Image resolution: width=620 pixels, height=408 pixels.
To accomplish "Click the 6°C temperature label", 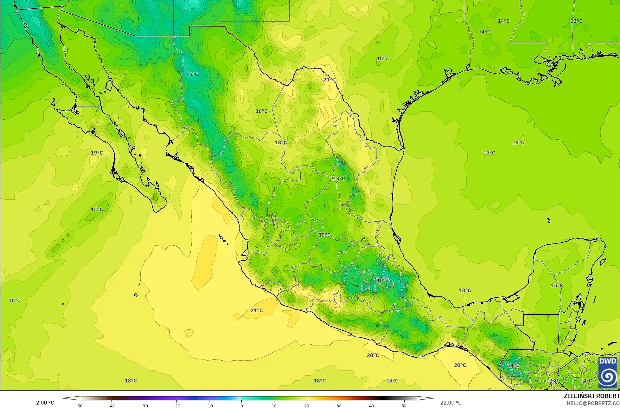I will [194, 74].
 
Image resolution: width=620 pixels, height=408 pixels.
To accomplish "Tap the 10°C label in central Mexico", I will [382, 280].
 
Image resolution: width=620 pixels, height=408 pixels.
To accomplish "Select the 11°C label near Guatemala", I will [513, 365].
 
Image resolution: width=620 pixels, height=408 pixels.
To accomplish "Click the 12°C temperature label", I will [324, 235].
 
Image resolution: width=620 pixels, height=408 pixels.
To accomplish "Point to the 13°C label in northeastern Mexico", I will [339, 179].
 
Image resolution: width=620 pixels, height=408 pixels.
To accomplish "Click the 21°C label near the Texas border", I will [329, 80].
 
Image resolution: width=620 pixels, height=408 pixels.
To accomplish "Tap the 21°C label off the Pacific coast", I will [257, 310].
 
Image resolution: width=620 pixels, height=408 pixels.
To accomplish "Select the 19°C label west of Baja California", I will [97, 153].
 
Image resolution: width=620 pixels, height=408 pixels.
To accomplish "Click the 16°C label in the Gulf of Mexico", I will [518, 143].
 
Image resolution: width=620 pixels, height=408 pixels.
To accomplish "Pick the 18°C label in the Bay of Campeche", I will [465, 290].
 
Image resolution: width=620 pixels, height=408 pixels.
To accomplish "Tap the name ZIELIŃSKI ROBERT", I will [591, 396].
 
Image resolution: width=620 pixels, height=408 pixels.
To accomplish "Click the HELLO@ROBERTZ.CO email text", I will [593, 403].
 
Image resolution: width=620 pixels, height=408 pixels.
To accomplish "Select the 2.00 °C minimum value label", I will [45, 403].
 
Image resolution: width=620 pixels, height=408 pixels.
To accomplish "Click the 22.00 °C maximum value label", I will [451, 403].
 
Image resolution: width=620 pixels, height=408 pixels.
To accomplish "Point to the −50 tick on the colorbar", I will [79, 406].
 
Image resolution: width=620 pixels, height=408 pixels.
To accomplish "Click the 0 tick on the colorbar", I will [241, 406].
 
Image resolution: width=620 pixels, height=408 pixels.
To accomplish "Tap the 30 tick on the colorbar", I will [339, 406].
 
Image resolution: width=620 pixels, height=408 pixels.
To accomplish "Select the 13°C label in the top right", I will [576, 21].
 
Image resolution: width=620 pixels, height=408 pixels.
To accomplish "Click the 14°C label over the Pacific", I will [97, 209].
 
